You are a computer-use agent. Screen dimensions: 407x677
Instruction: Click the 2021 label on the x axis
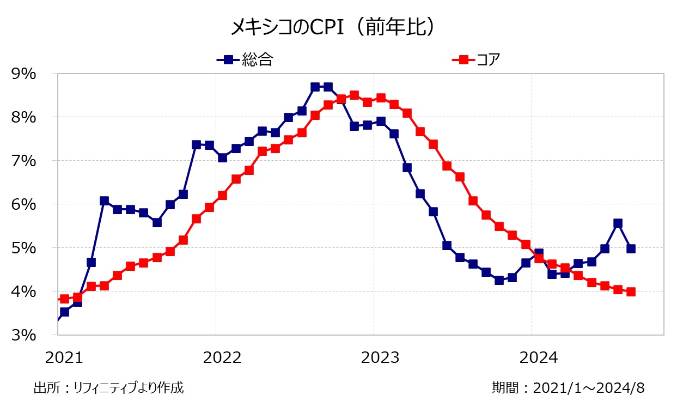[x=64, y=358]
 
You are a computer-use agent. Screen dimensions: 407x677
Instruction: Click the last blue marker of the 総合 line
[x=631, y=248]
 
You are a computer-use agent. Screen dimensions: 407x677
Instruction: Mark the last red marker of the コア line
[x=631, y=291]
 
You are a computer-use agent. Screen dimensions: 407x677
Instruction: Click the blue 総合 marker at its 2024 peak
[x=618, y=223]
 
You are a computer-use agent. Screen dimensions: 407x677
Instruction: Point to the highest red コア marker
[x=354, y=95]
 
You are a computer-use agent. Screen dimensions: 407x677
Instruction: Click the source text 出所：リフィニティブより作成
[x=108, y=388]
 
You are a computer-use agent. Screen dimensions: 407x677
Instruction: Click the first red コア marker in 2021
[x=64, y=299]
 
